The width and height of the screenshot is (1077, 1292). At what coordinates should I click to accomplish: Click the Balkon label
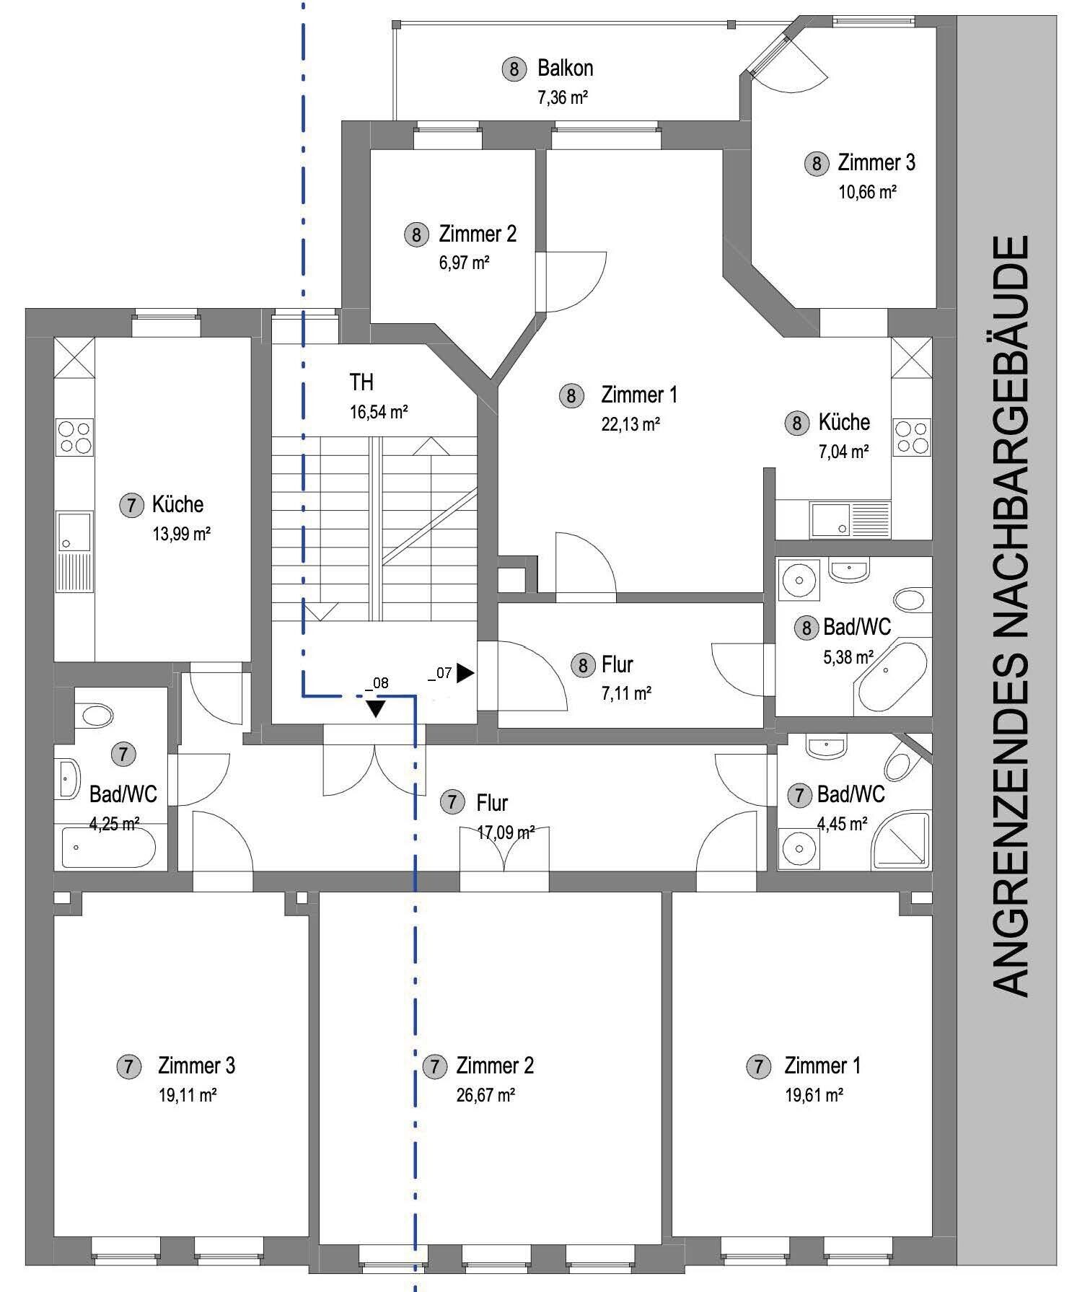(566, 68)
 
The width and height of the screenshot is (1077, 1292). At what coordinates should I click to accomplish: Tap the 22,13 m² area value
(630, 424)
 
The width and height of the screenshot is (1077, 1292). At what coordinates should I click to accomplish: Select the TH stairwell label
(361, 382)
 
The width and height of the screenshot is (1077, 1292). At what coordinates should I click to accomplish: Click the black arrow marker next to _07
(465, 673)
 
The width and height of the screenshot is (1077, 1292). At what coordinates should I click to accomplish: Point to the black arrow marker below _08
(375, 708)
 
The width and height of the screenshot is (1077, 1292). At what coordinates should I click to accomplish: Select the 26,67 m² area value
(485, 1095)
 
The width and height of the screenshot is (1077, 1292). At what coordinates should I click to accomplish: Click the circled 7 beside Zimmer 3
(128, 1066)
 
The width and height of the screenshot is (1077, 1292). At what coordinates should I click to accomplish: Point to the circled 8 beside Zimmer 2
(416, 235)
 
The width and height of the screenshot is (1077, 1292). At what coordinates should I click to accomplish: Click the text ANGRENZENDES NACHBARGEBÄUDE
(1011, 618)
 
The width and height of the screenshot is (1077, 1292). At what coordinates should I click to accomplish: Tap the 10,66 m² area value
(867, 192)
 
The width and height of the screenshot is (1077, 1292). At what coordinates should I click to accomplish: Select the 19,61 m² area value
(814, 1095)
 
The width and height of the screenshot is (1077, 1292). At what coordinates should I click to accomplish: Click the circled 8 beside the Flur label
(583, 664)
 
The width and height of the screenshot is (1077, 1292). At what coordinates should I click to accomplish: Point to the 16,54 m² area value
(379, 413)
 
